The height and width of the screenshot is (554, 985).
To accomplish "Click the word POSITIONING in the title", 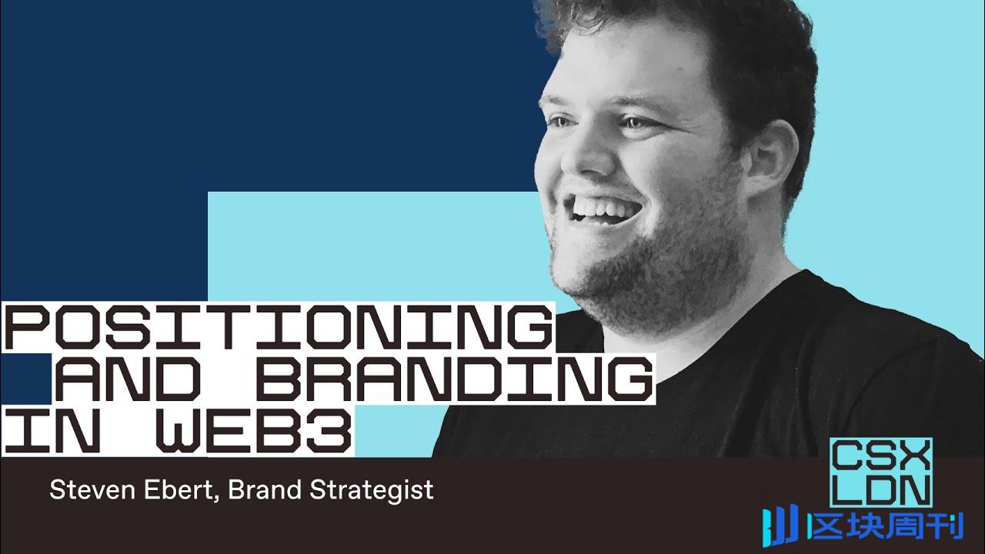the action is (278, 328).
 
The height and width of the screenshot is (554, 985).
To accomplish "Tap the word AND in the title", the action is (128, 379).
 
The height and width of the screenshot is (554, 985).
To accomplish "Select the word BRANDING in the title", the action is (454, 379).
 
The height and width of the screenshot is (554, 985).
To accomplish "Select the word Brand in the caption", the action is (265, 490).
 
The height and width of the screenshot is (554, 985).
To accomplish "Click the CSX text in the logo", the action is (881, 456).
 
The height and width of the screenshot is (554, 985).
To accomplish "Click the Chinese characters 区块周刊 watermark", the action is (885, 526).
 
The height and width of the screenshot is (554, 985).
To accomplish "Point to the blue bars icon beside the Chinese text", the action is (781, 528).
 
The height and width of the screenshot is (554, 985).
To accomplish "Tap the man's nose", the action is (583, 156).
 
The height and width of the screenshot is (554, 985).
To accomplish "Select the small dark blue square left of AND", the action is (26, 379).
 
